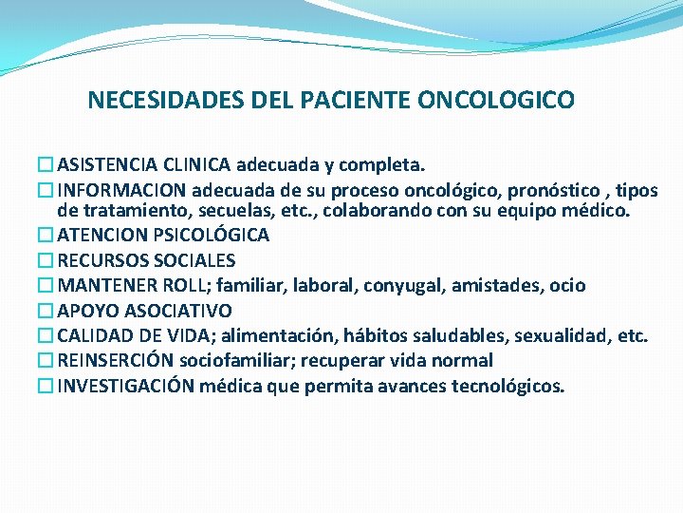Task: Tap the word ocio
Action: point(568,285)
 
